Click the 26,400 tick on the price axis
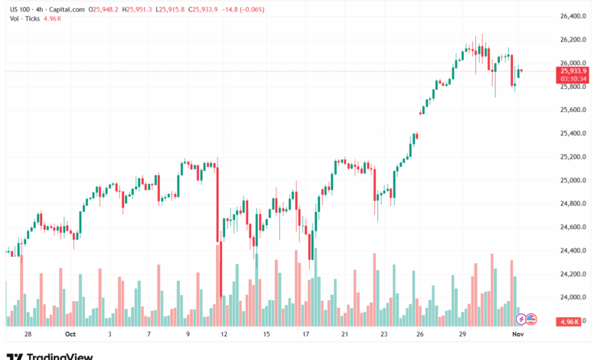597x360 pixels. pos(574,15)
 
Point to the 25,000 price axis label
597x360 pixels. pos(574,180)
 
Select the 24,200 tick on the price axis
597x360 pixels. pos(574,273)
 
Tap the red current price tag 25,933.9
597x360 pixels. pos(574,70)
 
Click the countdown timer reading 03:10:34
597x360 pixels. pos(574,78)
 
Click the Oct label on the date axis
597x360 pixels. pos(70,334)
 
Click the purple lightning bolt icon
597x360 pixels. pos(521,319)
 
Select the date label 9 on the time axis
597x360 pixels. pos(188,334)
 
